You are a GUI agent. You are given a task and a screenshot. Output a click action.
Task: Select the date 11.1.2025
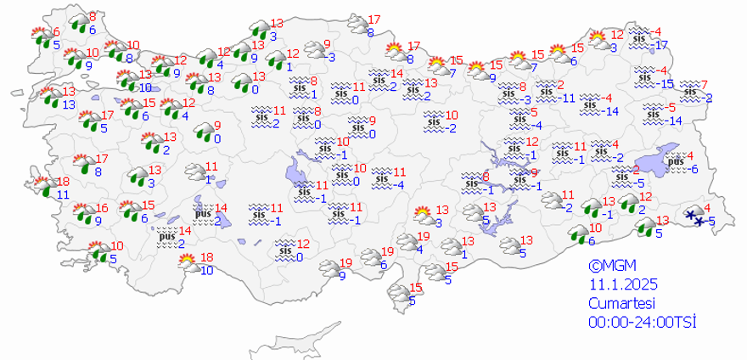pos(618,284)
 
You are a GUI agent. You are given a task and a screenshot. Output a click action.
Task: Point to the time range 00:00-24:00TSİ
pos(643,322)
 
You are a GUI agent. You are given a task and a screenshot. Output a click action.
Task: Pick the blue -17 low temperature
pos(661,45)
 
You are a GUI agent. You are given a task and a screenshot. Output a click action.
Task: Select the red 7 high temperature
pos(704,84)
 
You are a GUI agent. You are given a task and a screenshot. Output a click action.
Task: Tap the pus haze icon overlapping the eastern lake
pos(677,161)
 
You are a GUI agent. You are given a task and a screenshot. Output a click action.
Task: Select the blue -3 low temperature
pos(527,99)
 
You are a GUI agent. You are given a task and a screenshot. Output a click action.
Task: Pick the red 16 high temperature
pos(102,208)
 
